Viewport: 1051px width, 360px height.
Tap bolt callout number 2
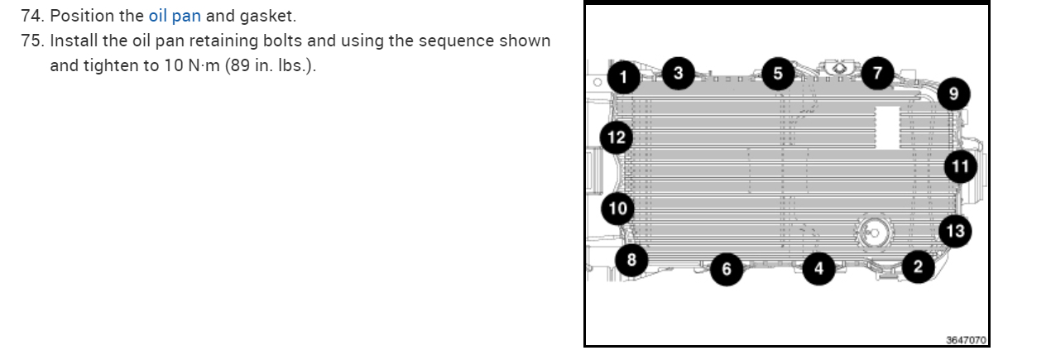click(917, 266)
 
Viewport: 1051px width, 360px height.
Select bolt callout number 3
click(679, 74)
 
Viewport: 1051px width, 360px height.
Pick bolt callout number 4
click(818, 268)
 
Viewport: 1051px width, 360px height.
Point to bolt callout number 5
click(777, 74)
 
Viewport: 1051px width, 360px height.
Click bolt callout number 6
click(727, 269)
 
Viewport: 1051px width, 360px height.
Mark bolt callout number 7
click(877, 74)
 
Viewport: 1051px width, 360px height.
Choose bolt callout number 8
click(632, 260)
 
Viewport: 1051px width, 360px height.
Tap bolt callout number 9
click(953, 94)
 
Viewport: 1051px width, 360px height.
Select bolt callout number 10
click(618, 208)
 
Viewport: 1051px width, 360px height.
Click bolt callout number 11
click(960, 167)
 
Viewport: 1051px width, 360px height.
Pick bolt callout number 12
click(617, 137)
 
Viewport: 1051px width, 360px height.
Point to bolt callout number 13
click(955, 230)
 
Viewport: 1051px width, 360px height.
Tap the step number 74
click(34, 16)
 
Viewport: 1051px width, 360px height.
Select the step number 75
click(34, 41)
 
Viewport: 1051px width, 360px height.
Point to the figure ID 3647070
click(966, 340)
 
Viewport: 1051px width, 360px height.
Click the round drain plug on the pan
click(871, 233)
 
